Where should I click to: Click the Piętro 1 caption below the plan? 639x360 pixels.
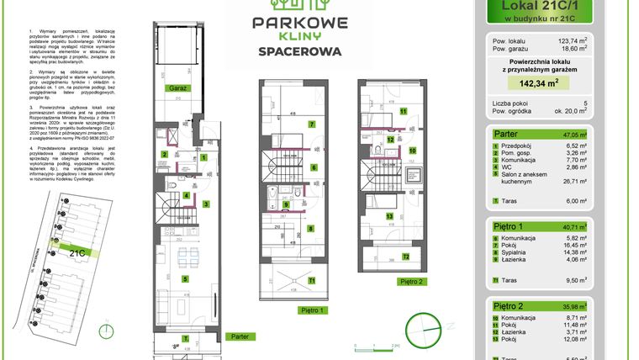(x=310, y=309)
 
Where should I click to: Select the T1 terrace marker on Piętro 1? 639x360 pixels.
(x=311, y=279)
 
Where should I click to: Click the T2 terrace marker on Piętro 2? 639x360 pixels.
(x=404, y=257)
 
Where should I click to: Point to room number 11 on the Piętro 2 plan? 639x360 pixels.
(x=403, y=110)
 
